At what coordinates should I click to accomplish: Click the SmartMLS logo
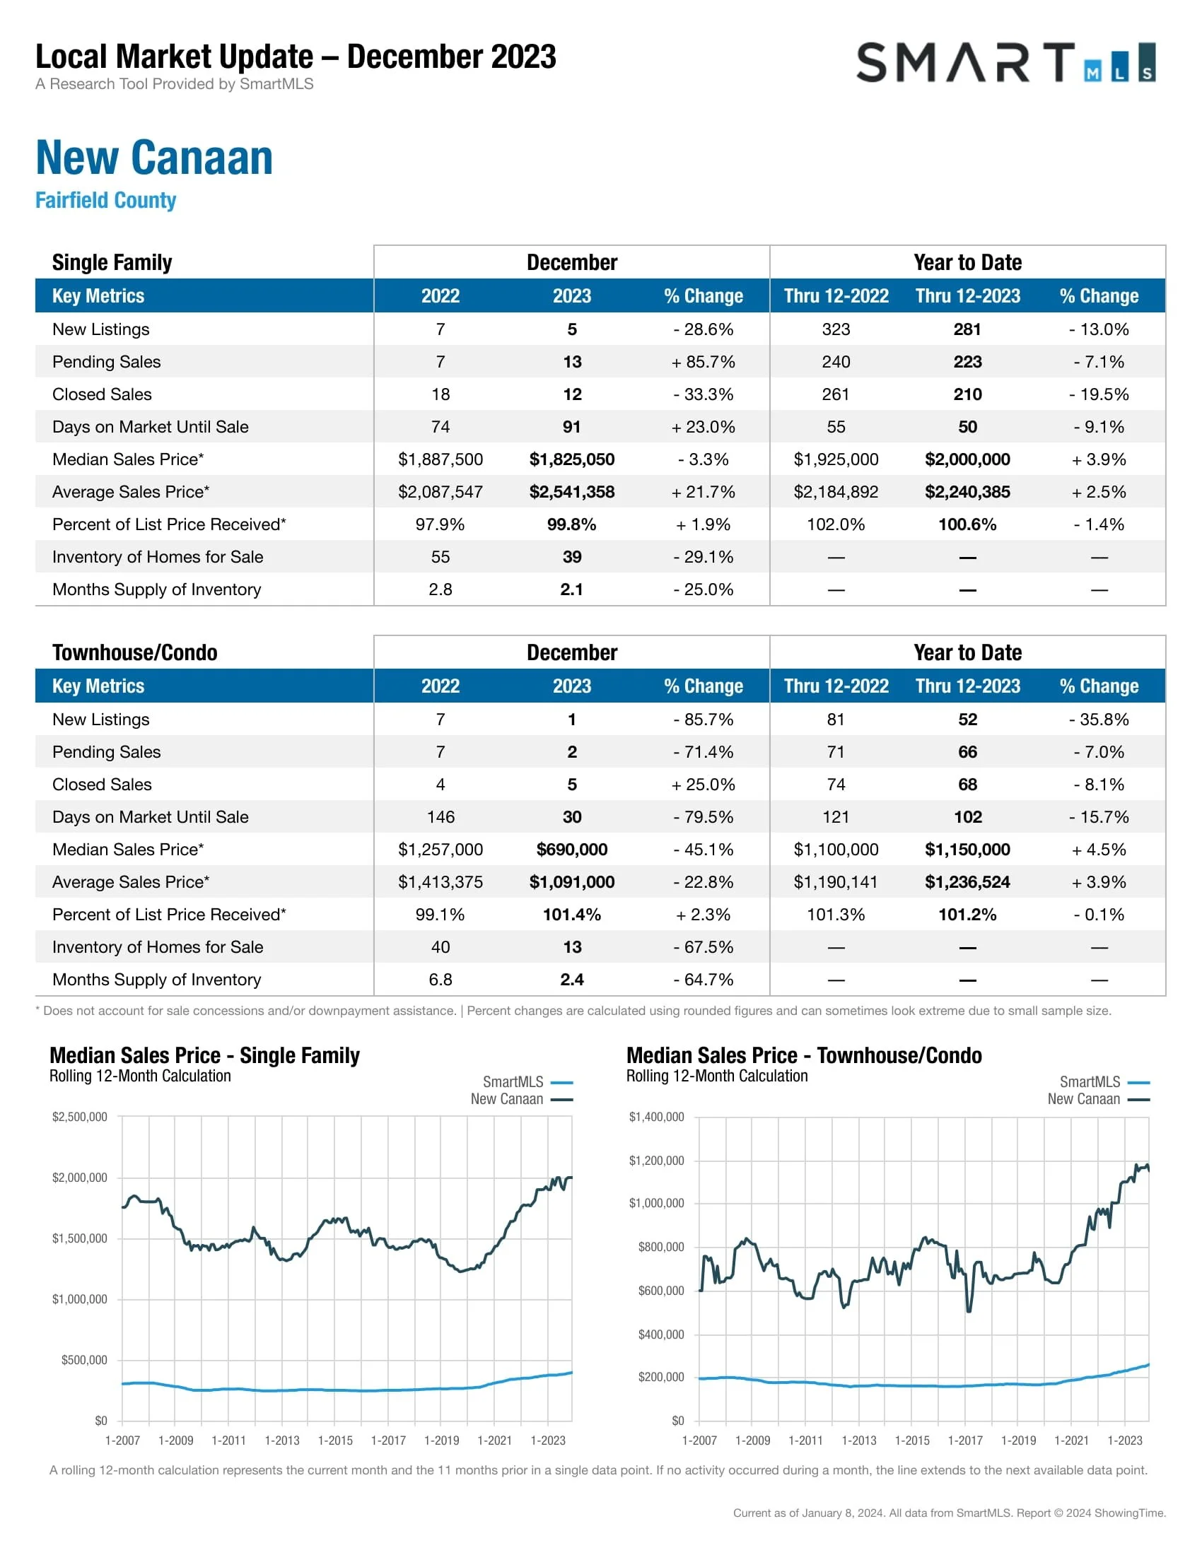(x=1005, y=63)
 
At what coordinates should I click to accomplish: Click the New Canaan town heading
(x=154, y=158)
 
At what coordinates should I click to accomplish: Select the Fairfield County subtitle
(x=105, y=200)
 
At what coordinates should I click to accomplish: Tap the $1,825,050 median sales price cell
(x=571, y=459)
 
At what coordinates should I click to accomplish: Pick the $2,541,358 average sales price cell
(x=571, y=492)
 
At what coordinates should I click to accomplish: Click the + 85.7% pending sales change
(x=703, y=362)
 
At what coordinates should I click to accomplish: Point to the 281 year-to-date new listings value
(x=967, y=329)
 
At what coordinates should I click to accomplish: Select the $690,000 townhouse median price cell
(x=571, y=850)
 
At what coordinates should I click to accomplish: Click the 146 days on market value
(x=440, y=816)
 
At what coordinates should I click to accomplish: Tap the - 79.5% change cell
(x=703, y=816)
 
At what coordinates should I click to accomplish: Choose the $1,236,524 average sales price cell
(x=967, y=882)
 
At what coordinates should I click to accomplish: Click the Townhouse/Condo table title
(x=134, y=652)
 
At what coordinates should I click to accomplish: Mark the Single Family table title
(x=112, y=262)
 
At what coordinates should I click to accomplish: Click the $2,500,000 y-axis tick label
(x=80, y=1116)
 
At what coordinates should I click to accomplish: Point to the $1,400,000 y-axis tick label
(x=656, y=1116)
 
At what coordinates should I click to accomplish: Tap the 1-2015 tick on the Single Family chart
(x=335, y=1440)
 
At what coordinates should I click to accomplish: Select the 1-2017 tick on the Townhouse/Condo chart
(x=965, y=1440)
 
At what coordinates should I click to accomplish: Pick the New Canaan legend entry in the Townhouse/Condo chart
(x=1097, y=1098)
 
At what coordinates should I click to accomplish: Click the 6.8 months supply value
(x=440, y=980)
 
